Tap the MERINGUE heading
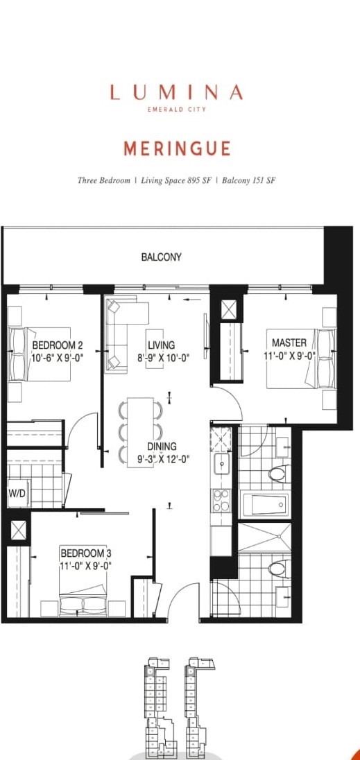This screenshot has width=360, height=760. click(176, 148)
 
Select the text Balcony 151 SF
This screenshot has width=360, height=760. click(250, 180)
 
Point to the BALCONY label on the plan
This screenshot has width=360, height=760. click(161, 257)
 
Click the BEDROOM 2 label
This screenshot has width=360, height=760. click(58, 345)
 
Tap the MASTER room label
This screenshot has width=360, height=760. click(289, 343)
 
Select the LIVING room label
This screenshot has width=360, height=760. click(161, 345)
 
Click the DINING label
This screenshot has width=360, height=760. click(161, 447)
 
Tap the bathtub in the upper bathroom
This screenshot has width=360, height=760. click(266, 503)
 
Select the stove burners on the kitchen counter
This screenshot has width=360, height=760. click(221, 501)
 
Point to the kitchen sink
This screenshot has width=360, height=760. click(222, 465)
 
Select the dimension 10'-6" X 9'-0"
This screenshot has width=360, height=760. click(58, 358)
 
